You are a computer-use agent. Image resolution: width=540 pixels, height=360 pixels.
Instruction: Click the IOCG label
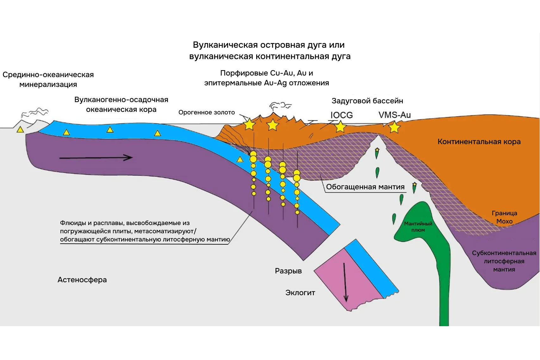point(341,115)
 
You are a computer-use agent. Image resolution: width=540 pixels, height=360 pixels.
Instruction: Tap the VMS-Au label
point(394,115)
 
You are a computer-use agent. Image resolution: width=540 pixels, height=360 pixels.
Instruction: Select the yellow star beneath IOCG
point(340,127)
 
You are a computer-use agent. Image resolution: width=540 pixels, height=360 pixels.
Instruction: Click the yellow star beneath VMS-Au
point(394,127)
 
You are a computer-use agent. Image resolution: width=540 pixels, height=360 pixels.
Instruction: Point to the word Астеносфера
point(82,280)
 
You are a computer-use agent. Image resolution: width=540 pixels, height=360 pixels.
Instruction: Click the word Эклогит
point(300,293)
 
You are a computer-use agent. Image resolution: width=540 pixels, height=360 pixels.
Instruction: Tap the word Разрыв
point(288,271)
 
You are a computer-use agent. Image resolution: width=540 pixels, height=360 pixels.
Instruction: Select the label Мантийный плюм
point(418,227)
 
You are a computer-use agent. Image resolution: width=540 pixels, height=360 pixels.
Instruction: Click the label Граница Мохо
point(504,217)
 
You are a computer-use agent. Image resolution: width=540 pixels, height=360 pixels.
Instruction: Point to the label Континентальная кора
point(479,142)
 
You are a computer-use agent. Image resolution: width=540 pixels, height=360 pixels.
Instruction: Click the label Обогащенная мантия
point(365,187)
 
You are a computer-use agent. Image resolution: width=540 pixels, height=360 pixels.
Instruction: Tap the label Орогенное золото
point(207,112)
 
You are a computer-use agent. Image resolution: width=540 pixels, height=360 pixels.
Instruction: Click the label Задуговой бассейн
point(367,101)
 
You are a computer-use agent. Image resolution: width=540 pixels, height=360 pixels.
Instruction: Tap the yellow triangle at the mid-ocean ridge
point(20,129)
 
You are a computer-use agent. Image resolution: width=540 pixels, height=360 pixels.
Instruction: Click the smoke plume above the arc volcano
point(280,106)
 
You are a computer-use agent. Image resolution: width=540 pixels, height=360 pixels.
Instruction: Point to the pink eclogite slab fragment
point(345,278)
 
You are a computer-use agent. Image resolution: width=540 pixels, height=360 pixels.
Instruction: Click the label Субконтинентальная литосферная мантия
point(504,261)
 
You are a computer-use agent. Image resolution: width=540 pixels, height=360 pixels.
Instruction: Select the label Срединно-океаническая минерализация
point(48,79)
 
